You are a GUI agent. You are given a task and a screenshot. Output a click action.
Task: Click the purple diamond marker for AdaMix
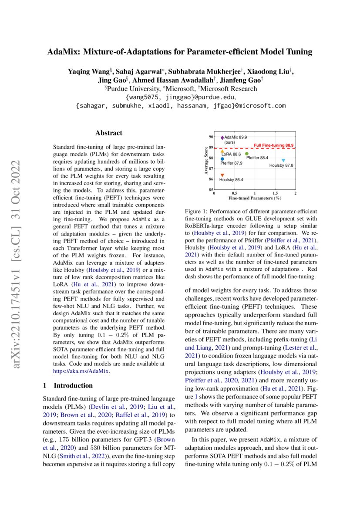pyautogui.click(x=222, y=138)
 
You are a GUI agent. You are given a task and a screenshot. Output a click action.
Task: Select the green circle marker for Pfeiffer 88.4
pyautogui.click(x=247, y=153)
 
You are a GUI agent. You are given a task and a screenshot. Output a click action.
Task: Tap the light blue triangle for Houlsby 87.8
pyautogui.click(x=283, y=160)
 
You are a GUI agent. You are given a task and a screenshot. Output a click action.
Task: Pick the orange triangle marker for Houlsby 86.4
pyautogui.click(x=222, y=175)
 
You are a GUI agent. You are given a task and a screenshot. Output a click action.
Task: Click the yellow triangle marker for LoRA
pyautogui.click(x=222, y=151)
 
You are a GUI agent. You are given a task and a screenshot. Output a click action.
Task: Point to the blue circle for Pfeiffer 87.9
pyautogui.click(x=222, y=159)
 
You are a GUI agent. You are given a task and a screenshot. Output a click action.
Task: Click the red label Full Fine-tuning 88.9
pyautogui.click(x=274, y=145)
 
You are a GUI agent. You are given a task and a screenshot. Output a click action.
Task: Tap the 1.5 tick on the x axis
pyautogui.click(x=275, y=193)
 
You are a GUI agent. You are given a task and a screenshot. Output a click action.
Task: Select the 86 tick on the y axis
pyautogui.click(x=211, y=179)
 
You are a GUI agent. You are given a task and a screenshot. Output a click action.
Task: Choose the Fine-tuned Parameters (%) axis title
pyautogui.click(x=255, y=198)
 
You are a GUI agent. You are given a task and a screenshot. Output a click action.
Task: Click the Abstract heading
pyautogui.click(x=109, y=133)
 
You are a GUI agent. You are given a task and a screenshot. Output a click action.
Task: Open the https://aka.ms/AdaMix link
pyautogui.click(x=81, y=371)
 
